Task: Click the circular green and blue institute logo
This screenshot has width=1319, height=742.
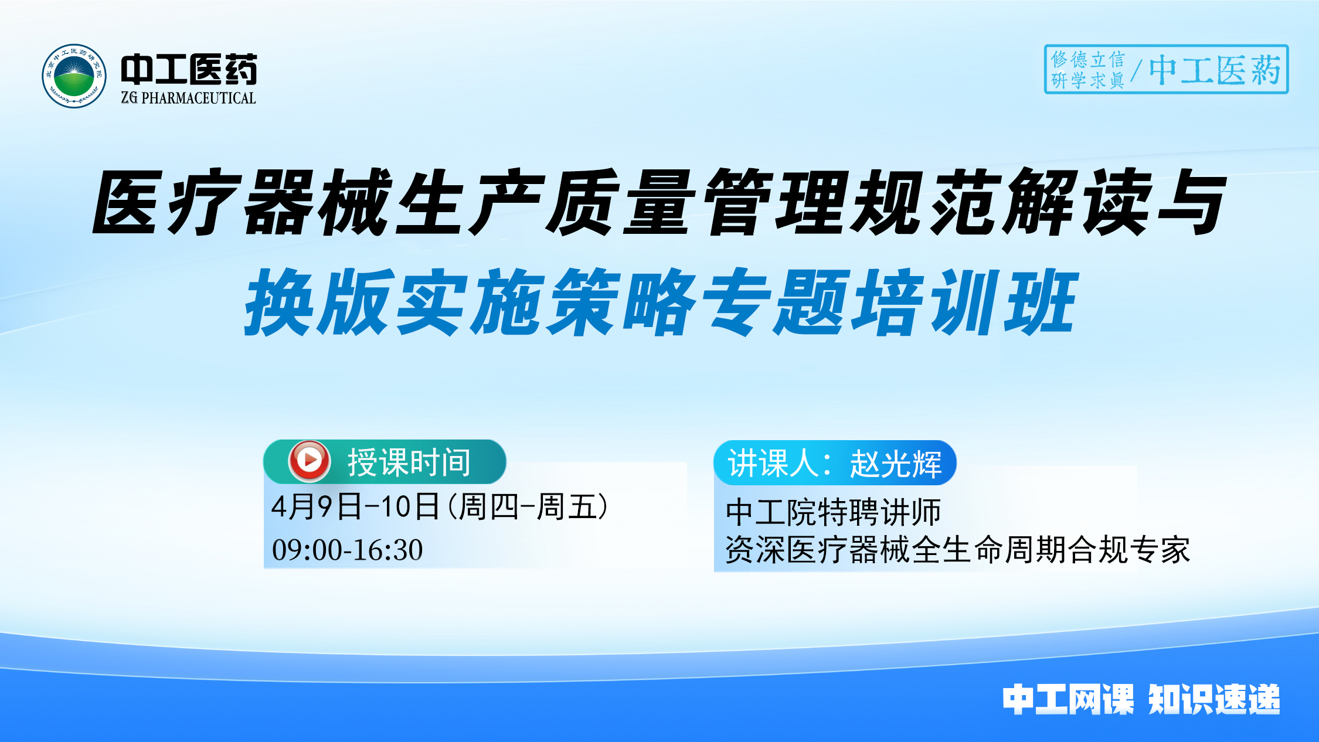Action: (74, 76)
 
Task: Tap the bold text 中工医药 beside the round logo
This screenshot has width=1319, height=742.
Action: (189, 69)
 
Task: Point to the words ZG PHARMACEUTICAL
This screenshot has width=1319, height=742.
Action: (189, 98)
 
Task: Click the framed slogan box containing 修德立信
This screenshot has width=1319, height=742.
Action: (1165, 69)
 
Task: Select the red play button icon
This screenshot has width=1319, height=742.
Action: (309, 461)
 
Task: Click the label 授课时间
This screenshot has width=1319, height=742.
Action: (409, 462)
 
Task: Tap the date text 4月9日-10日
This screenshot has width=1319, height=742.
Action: (355, 507)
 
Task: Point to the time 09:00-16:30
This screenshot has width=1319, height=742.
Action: (347, 550)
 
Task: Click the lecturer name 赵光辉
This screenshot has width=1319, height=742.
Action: (896, 464)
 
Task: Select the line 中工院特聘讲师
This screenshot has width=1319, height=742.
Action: (833, 512)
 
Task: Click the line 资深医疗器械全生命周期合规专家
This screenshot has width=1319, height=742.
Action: (957, 550)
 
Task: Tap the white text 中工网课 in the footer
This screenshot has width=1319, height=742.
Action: (1068, 699)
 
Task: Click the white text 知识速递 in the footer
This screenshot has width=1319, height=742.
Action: (1213, 699)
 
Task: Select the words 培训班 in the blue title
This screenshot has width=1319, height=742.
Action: (965, 302)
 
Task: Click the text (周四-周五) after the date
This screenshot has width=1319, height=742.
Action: (528, 507)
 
